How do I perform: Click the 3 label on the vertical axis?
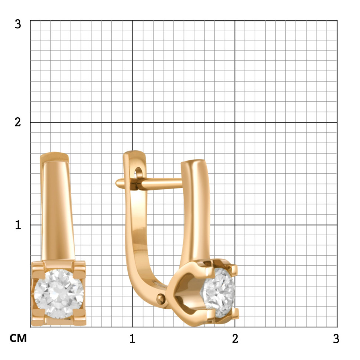[x=18, y=24]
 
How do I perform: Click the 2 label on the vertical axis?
[x=18, y=122]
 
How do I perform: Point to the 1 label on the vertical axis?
[x=18, y=225]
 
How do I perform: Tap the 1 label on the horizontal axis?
[x=132, y=338]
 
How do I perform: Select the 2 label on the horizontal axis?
[x=235, y=338]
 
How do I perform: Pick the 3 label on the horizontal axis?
[x=336, y=338]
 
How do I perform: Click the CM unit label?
[x=18, y=338]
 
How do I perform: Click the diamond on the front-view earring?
[x=59, y=294]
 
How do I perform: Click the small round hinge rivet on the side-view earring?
[x=161, y=299]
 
